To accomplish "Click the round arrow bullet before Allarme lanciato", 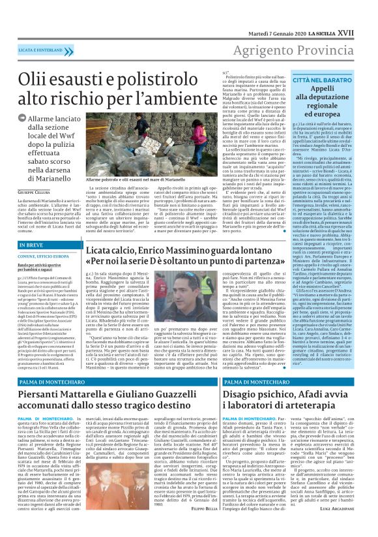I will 22,119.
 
